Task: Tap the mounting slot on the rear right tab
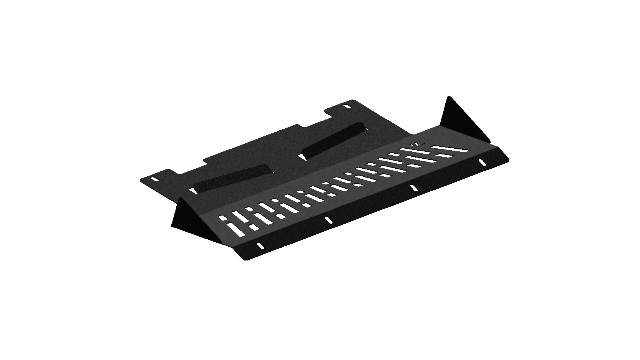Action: (x=347, y=107)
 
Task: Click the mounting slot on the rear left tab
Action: (x=155, y=179)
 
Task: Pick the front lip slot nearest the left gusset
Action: (x=260, y=246)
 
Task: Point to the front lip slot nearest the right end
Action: (x=482, y=162)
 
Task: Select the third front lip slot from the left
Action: (x=413, y=188)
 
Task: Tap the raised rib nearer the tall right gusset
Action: (x=333, y=140)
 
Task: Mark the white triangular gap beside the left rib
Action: (x=193, y=191)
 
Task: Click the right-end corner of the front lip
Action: (x=508, y=160)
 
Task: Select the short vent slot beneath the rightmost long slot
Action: (x=442, y=155)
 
